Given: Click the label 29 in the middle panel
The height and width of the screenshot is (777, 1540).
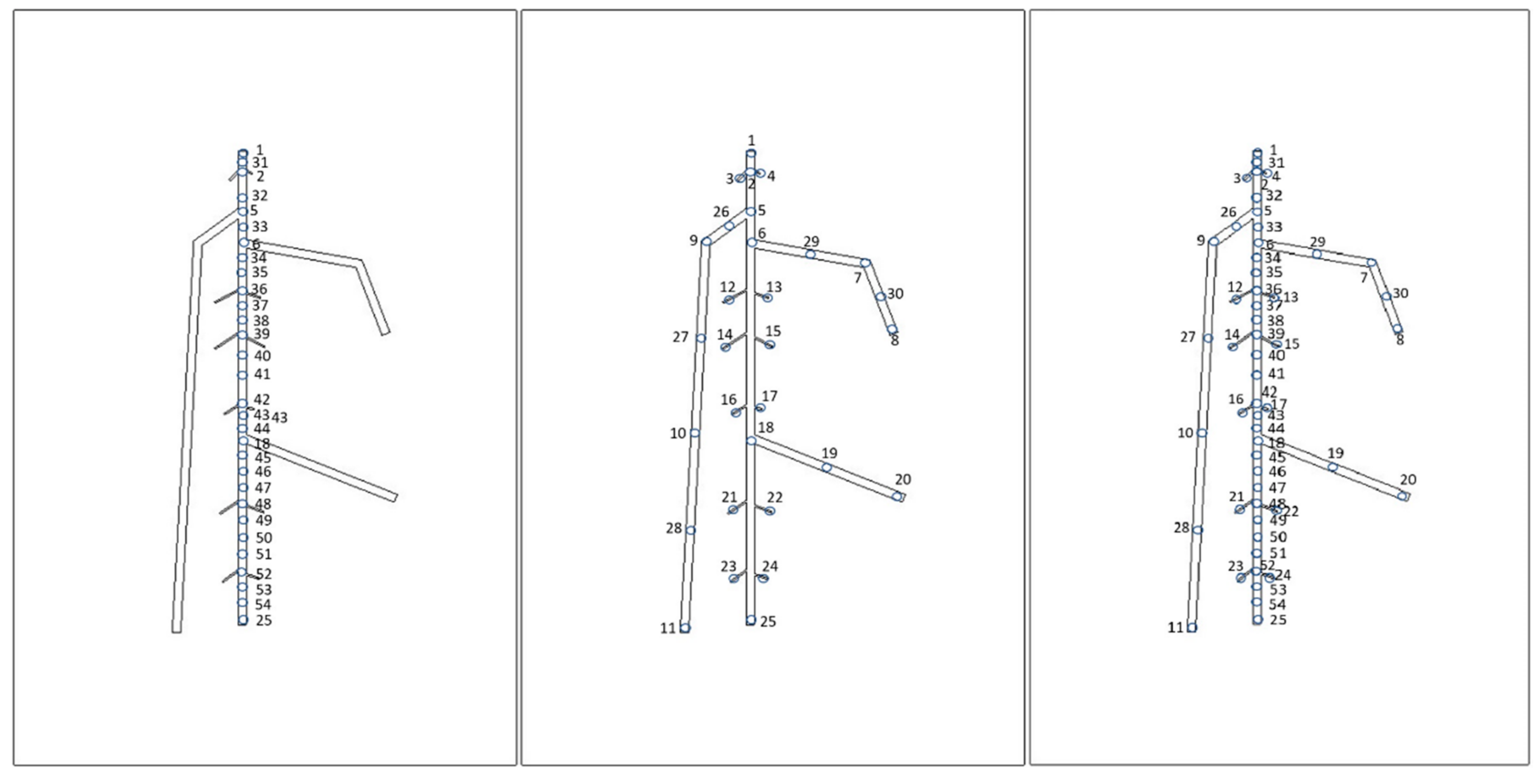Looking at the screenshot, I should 811,241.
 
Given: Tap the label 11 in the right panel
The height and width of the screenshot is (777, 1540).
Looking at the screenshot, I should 1175,628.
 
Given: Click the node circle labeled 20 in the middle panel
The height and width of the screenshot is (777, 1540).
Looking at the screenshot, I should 897,497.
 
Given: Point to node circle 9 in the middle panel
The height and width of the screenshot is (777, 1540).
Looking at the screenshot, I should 706,241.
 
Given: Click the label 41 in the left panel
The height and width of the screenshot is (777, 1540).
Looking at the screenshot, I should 262,374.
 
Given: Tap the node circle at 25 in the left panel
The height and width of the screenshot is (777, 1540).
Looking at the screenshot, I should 243,620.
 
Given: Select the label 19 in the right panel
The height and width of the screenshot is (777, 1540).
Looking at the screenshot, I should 1336,453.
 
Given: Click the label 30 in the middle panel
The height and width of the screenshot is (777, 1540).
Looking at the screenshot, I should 895,294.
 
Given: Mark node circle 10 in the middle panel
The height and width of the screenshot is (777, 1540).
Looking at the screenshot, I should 694,433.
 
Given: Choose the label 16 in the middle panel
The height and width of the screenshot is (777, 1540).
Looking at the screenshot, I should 728,399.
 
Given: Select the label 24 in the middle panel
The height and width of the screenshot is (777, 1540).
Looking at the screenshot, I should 770,566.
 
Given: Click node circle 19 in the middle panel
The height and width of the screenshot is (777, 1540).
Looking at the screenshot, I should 826,467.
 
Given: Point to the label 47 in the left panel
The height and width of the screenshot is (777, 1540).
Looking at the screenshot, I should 263,488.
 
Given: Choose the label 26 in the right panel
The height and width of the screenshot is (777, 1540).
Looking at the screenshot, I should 1228,212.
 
